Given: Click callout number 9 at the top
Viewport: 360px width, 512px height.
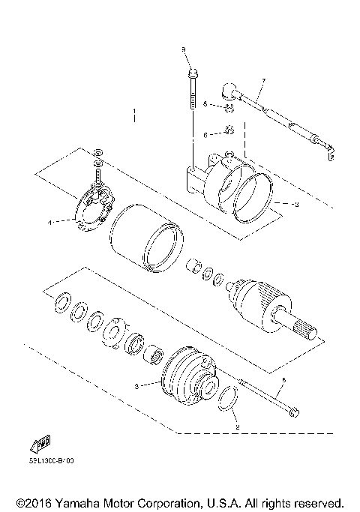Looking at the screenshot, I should click(x=182, y=49).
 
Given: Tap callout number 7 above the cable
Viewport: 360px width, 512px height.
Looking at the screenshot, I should click(x=264, y=80).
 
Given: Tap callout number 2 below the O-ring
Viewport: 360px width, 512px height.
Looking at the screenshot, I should click(x=237, y=427).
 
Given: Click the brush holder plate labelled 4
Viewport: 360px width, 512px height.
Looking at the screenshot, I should click(x=95, y=213).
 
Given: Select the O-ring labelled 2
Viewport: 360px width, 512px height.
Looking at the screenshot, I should click(x=230, y=401).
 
